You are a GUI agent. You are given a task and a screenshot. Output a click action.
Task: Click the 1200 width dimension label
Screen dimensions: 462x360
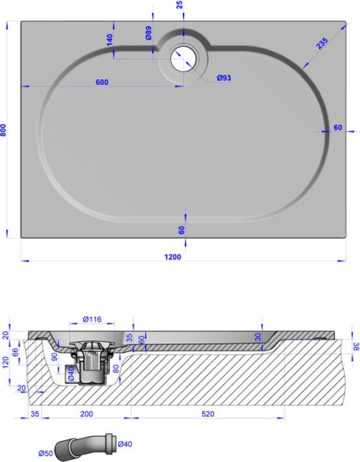(x=174, y=256)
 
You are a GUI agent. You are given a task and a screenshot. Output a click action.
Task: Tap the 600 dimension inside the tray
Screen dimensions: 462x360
(x=102, y=81)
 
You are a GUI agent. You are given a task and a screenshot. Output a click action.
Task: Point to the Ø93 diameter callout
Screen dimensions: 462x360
(x=224, y=77)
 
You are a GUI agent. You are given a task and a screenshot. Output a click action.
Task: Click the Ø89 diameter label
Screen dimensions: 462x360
(x=148, y=34)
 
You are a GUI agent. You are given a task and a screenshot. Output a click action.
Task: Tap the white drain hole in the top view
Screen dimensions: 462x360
(x=182, y=58)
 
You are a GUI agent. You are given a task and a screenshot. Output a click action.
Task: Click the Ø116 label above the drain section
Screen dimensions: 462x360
(x=92, y=320)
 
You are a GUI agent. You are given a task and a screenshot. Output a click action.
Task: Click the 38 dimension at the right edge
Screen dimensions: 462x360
(x=356, y=345)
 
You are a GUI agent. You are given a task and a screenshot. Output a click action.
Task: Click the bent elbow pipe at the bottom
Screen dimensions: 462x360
(x=84, y=443)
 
